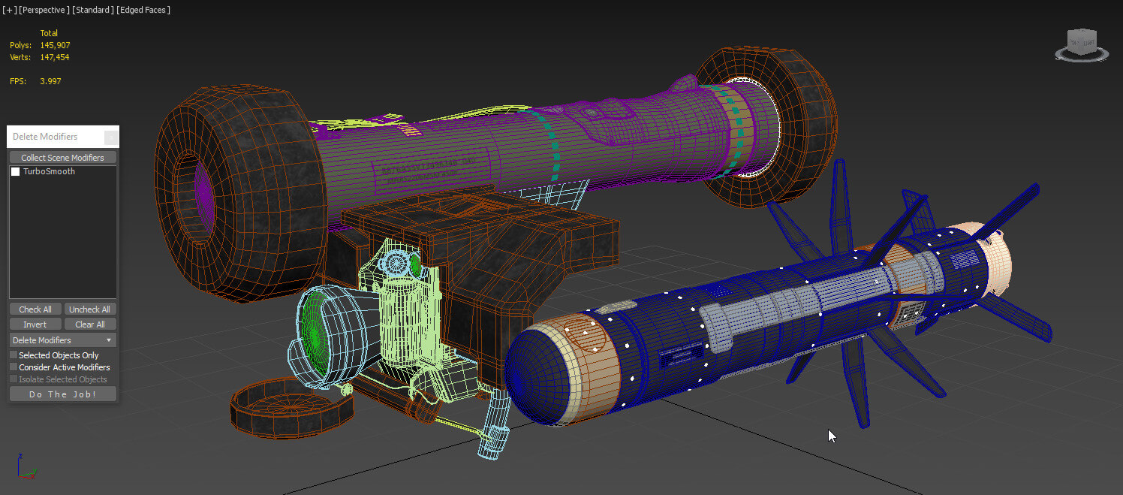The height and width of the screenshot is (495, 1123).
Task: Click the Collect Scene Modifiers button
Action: pos(63,158)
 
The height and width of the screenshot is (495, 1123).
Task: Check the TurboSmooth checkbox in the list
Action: pos(16,172)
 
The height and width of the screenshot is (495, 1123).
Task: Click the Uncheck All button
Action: pos(90,309)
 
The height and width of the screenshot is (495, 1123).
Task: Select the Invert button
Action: pos(35,324)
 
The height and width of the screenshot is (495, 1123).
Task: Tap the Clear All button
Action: pos(90,324)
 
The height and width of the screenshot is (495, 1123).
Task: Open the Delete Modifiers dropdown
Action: pos(63,340)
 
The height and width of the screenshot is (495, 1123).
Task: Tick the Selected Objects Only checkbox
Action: pos(14,355)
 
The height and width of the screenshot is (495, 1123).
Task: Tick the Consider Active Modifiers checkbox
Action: pos(14,367)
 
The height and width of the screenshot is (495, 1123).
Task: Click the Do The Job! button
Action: pos(63,394)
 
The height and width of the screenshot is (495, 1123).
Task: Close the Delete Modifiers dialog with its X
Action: pos(110,137)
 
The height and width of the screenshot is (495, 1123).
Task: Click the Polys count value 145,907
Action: pos(55,45)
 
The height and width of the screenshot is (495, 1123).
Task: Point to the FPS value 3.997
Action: pos(50,81)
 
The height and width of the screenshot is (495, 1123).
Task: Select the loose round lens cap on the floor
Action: pos(291,406)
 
